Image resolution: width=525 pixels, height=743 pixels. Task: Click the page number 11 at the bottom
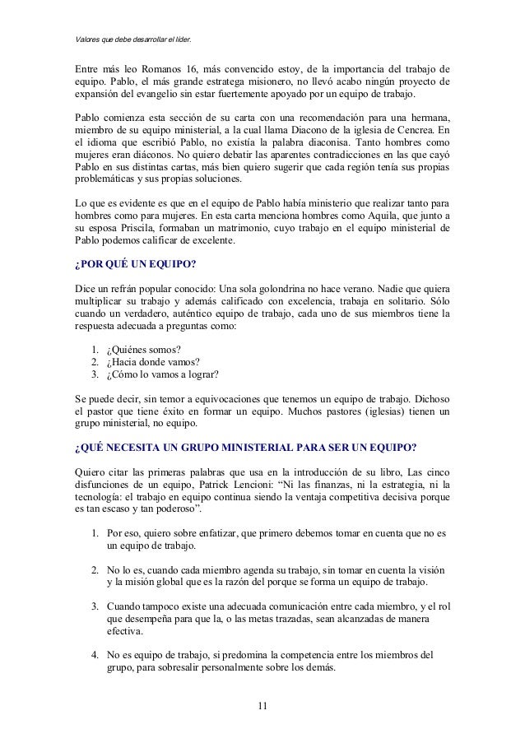click(x=262, y=706)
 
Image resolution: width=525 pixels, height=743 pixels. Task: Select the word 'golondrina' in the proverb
click(x=323, y=290)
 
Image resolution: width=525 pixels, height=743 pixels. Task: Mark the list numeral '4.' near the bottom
click(x=95, y=655)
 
